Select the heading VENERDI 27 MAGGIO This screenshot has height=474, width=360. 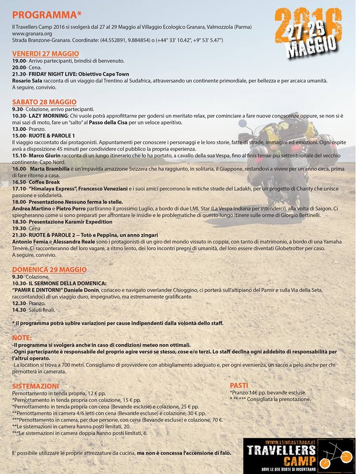click(x=45, y=53)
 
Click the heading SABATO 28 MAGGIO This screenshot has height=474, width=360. click(x=44, y=102)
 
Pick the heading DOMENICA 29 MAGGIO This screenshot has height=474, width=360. click(x=49, y=270)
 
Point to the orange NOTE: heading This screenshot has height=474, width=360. click(x=22, y=338)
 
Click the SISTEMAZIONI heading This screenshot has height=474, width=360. click(x=36, y=386)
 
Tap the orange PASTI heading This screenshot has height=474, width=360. click(x=239, y=385)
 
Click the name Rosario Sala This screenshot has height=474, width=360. click(x=27, y=80)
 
